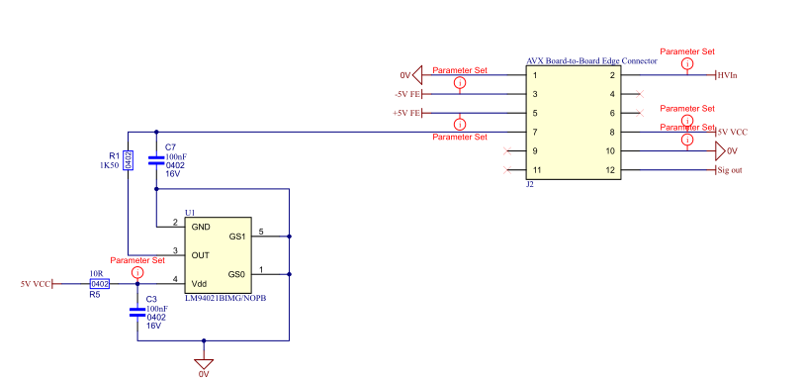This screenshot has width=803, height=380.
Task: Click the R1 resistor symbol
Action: pyautogui.click(x=128, y=159)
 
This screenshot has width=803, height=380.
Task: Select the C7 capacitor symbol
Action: pyautogui.click(x=155, y=159)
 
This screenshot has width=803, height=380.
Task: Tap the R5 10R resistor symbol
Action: pyautogui.click(x=99, y=283)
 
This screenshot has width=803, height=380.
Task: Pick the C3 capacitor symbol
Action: pyautogui.click(x=137, y=312)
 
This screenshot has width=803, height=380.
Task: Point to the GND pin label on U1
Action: pyautogui.click(x=201, y=227)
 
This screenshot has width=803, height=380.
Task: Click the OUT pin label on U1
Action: pyautogui.click(x=201, y=254)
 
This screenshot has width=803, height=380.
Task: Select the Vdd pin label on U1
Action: pyautogui.click(x=200, y=280)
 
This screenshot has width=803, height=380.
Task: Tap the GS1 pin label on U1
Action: pyautogui.click(x=236, y=237)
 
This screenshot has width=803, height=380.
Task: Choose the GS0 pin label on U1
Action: pyautogui.click(x=236, y=273)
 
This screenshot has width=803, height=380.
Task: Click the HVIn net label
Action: pyautogui.click(x=727, y=75)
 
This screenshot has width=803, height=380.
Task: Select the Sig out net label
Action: pyautogui.click(x=730, y=171)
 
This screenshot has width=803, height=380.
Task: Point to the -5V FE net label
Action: pyautogui.click(x=406, y=94)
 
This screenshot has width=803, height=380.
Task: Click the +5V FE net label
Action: pyautogui.click(x=406, y=114)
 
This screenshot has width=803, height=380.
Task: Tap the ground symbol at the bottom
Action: pyautogui.click(x=204, y=361)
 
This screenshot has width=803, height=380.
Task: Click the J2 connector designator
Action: pyautogui.click(x=530, y=184)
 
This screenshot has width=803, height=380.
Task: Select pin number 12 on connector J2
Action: pyautogui.click(x=612, y=170)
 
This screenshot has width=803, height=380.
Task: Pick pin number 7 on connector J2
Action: pyautogui.click(x=535, y=132)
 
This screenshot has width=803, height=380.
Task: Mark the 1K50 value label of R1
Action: pyautogui.click(x=110, y=166)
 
